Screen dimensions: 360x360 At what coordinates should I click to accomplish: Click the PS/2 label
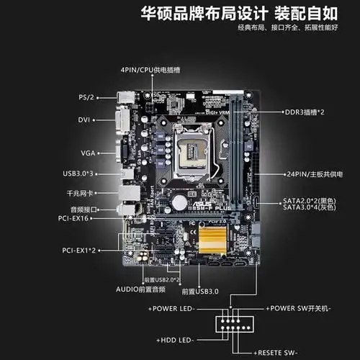[86, 96]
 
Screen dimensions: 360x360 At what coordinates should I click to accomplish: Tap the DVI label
[84, 120]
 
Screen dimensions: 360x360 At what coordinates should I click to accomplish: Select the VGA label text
[87, 152]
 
